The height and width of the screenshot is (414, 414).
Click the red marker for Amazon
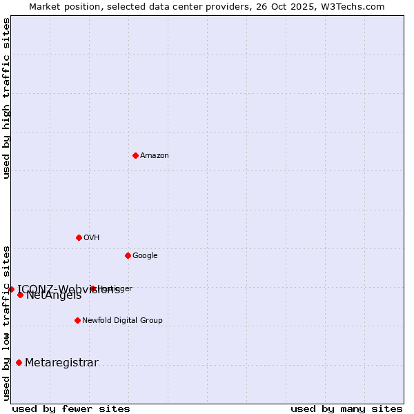pos(135,155)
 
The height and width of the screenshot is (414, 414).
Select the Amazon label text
pos(155,156)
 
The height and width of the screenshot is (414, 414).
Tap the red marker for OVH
pos(79,237)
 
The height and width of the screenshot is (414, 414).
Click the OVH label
pos(92,238)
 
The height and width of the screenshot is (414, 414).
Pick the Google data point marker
pos(128,255)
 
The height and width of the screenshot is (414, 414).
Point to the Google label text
pos(145,256)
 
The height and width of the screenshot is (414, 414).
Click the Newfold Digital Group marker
pos(77,320)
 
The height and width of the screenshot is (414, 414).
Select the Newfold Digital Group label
pos(122,321)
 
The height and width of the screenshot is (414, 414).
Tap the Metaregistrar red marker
pos(19,363)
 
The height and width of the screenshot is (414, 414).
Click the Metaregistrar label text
pos(61,363)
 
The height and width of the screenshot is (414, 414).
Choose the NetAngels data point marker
pos(20,295)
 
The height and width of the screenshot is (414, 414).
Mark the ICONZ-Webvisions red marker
pos(11,289)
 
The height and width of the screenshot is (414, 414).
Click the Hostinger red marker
pos(92,288)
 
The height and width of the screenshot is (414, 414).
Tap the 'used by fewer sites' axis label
pos(71,408)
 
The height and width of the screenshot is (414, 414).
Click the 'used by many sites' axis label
pos(346,408)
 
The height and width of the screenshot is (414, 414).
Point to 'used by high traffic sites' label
pos(7,98)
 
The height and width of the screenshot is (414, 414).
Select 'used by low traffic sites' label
pos(7,322)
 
